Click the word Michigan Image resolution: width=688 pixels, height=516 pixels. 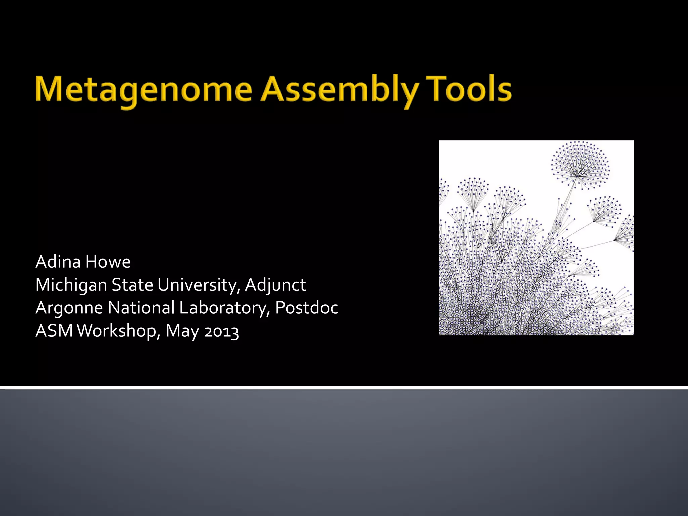[71, 285]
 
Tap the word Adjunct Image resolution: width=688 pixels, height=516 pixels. [275, 285]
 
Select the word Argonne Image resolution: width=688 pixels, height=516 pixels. [69, 308]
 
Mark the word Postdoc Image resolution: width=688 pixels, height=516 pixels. [306, 308]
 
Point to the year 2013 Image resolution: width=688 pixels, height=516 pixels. [221, 331]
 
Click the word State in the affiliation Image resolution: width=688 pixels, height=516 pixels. [132, 285]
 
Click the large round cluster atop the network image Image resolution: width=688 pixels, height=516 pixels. [580, 165]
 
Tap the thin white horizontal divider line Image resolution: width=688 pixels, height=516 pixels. [344, 388]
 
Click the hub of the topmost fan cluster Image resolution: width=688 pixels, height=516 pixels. [577, 176]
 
